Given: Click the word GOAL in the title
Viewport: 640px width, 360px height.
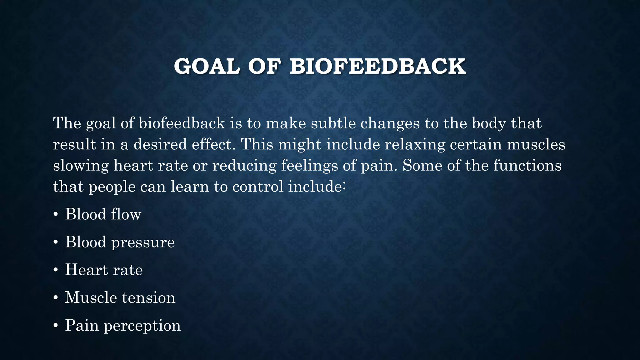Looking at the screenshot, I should (207, 67).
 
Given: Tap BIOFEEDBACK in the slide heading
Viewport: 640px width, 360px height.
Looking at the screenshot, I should (377, 67).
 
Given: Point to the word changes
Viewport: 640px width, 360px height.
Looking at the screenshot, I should (390, 123).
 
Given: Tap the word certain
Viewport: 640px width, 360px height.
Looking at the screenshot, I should (476, 144).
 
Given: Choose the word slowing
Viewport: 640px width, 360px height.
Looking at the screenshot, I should (81, 165).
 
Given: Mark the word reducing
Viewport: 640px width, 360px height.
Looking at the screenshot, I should (244, 165).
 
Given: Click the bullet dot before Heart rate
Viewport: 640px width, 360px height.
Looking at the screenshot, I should (56, 270).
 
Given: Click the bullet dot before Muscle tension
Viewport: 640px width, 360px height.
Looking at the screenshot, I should (56, 298).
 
